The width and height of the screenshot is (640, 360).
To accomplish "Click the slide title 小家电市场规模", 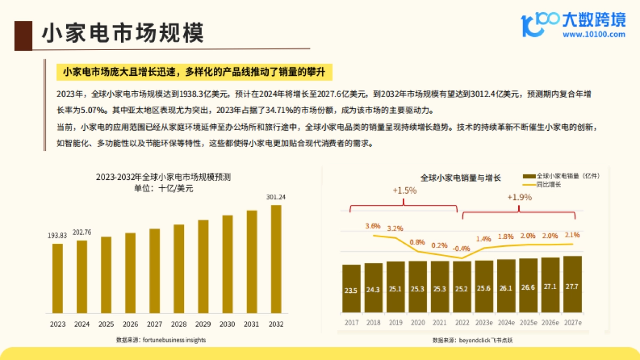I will [x=123, y=33].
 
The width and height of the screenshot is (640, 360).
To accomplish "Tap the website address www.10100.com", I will [x=594, y=35].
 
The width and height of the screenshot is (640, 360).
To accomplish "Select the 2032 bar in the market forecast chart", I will [x=276, y=259].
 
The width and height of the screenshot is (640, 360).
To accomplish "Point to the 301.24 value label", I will [x=276, y=197].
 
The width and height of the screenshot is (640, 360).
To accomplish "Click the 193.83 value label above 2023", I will [x=58, y=235].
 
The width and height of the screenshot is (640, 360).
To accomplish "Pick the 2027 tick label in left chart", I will [x=155, y=324].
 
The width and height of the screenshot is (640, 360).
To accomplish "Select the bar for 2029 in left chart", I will [x=203, y=266].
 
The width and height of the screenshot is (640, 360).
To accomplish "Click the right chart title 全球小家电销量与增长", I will [x=460, y=178].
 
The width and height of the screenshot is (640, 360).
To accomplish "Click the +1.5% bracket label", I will [x=404, y=190].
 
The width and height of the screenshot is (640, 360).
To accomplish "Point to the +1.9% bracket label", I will [x=519, y=197].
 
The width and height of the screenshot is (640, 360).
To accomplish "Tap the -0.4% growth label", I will [x=461, y=249].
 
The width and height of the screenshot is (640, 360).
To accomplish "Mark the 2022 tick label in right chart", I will [x=461, y=322].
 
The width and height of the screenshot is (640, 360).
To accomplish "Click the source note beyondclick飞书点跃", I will [x=468, y=339].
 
